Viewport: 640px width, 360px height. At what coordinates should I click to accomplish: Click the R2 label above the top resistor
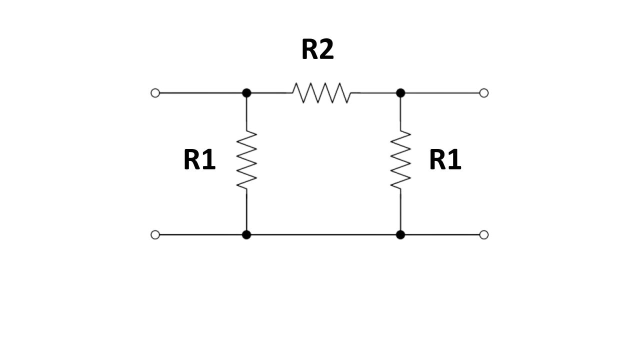click(x=317, y=49)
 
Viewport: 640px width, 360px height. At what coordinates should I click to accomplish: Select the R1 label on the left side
click(x=199, y=160)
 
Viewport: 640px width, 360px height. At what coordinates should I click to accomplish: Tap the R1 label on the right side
click(x=445, y=160)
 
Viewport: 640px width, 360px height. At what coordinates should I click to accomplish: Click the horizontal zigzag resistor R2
click(x=321, y=93)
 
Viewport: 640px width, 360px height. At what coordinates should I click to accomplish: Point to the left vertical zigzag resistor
click(x=246, y=160)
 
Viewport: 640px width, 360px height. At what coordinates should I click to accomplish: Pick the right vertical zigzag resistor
click(x=400, y=160)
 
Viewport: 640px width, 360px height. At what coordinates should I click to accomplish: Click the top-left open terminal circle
click(x=155, y=93)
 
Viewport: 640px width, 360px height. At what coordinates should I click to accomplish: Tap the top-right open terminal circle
click(x=483, y=93)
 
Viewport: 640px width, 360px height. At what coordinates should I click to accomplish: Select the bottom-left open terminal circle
click(x=155, y=234)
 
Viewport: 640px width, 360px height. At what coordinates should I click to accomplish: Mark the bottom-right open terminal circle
click(x=483, y=234)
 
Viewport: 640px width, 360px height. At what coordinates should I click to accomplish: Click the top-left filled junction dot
click(x=246, y=93)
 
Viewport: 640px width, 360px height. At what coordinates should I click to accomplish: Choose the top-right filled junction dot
click(x=400, y=93)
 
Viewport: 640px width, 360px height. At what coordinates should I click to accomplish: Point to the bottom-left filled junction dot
click(x=246, y=234)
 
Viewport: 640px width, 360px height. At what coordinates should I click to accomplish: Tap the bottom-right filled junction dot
click(x=400, y=234)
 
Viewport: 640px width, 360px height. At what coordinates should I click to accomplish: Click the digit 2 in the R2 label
click(x=326, y=49)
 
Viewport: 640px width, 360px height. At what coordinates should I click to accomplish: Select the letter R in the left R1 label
click(x=192, y=160)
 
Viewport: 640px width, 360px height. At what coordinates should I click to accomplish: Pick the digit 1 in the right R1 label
click(x=454, y=160)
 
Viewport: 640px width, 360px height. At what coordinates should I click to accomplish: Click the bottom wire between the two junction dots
click(x=323, y=234)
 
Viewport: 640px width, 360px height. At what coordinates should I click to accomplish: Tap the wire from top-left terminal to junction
click(x=200, y=93)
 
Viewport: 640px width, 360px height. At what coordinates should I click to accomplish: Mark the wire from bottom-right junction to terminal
click(x=442, y=234)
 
